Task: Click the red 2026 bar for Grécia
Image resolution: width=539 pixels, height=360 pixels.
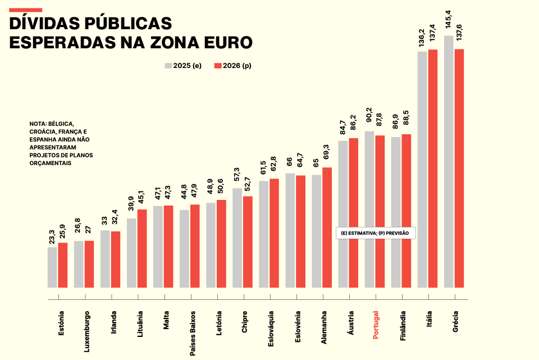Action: click(x=459, y=168)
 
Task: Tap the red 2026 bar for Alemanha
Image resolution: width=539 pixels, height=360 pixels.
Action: click(x=327, y=227)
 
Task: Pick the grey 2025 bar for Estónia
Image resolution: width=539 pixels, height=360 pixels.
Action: click(x=52, y=267)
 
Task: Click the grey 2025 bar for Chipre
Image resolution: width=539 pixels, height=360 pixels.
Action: click(x=237, y=238)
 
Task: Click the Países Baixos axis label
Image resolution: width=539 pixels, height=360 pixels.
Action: click(x=192, y=331)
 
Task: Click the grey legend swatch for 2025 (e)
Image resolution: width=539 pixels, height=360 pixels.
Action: click(x=168, y=66)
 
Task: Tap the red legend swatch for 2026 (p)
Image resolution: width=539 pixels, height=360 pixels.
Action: click(x=218, y=66)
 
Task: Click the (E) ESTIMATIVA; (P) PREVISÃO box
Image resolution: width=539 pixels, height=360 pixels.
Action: click(x=375, y=233)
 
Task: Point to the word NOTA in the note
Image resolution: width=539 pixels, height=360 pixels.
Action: click(x=38, y=124)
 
